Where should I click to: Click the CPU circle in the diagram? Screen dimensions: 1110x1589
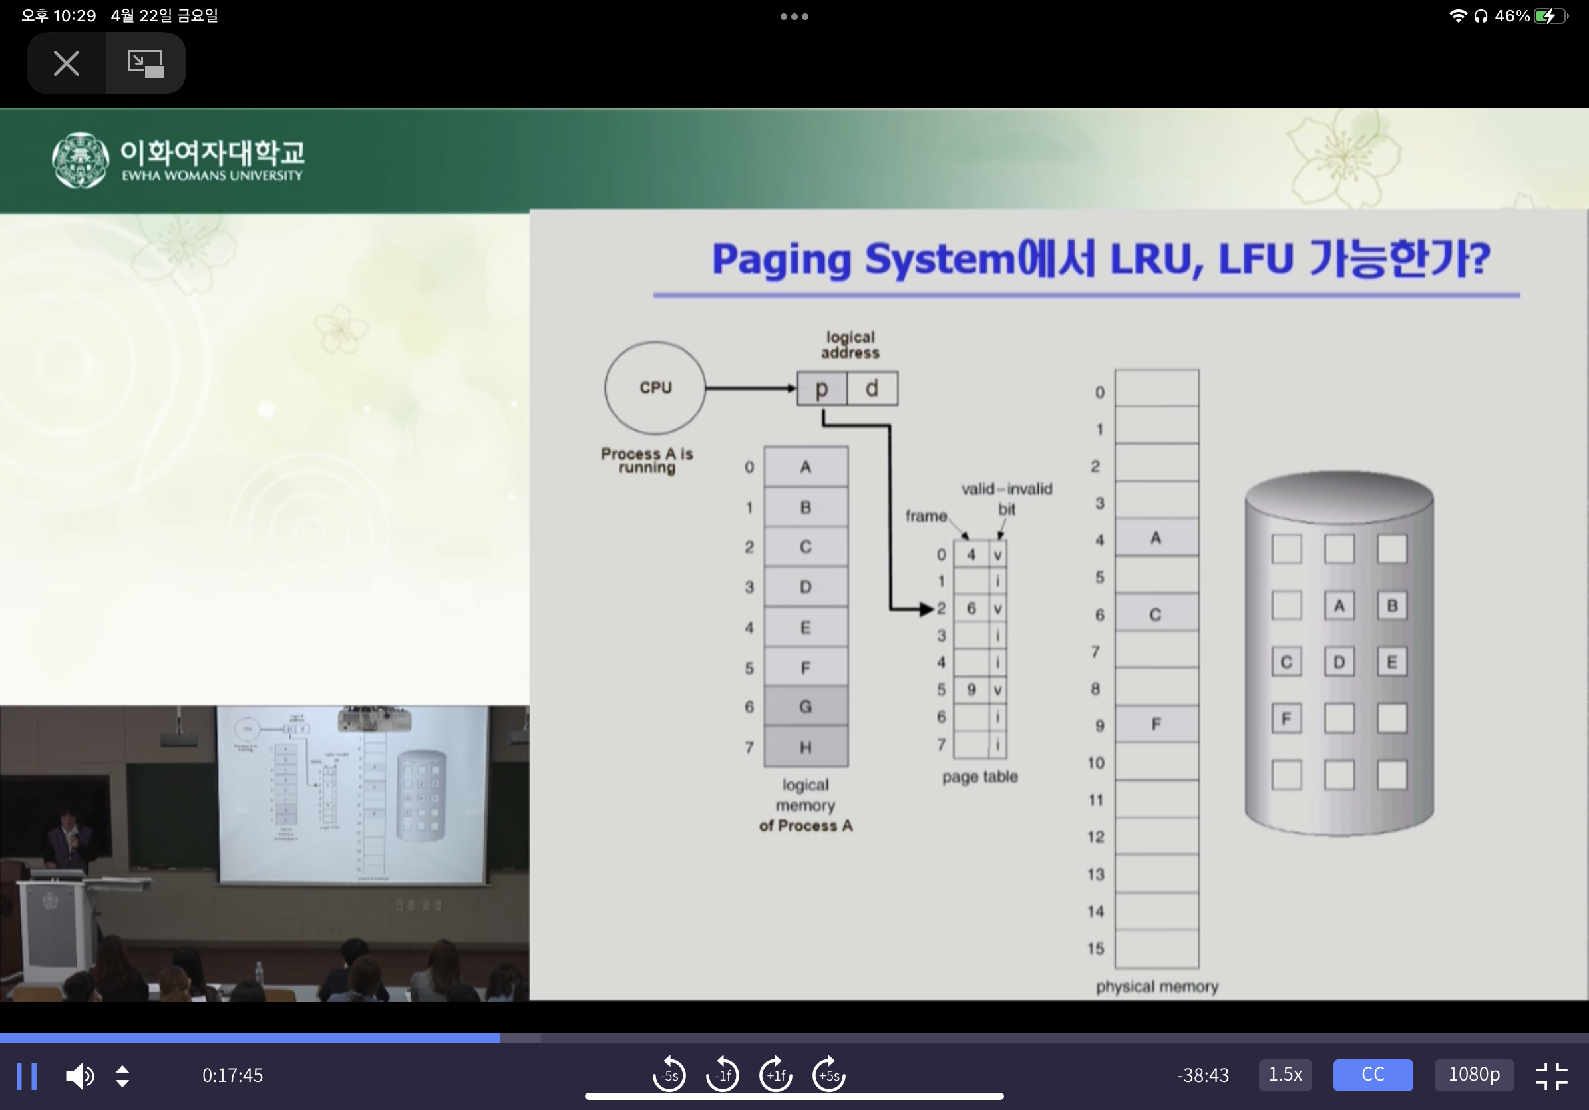(655, 387)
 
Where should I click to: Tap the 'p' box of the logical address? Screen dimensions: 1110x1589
(822, 388)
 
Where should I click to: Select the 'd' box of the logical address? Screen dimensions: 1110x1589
(872, 388)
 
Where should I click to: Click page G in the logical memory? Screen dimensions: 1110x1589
(806, 707)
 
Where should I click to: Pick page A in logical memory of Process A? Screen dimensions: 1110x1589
(806, 467)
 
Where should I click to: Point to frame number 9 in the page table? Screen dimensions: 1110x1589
(971, 690)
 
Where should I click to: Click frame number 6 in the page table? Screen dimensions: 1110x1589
(971, 608)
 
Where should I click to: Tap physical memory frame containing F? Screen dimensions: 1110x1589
(1156, 725)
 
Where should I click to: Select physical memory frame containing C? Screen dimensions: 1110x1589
(1156, 614)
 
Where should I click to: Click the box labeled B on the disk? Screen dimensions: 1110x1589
(1392, 606)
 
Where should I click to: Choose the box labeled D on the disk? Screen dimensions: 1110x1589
(1339, 662)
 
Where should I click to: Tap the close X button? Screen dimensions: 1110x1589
(67, 63)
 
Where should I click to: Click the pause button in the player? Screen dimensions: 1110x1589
(27, 1075)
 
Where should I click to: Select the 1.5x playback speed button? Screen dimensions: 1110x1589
(1284, 1075)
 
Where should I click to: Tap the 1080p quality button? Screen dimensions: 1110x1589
(1473, 1075)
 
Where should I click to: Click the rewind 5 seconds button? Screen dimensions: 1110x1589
(669, 1075)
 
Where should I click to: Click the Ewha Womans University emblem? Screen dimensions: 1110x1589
(81, 160)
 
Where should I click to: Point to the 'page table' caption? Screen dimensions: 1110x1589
(979, 777)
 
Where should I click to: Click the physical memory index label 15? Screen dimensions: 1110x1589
(1095, 949)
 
